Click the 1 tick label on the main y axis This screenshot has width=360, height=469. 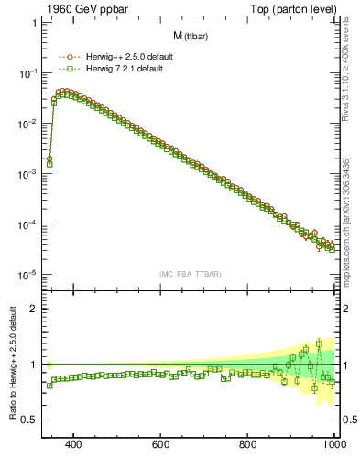(34, 23)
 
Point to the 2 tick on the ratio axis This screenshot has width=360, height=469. (34, 309)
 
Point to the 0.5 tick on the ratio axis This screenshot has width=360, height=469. (30, 420)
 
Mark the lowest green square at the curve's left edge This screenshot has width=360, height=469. (49, 163)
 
